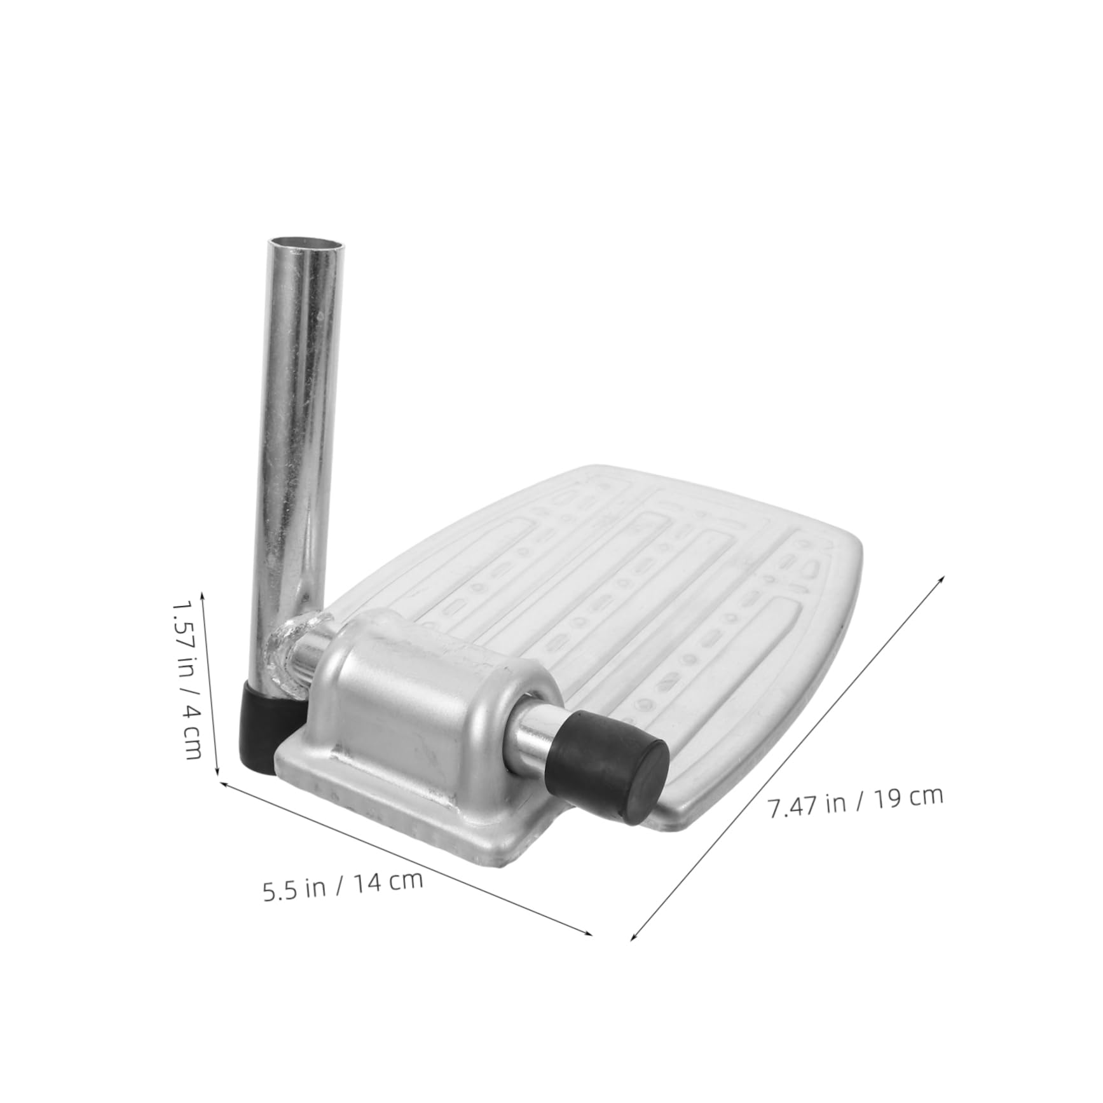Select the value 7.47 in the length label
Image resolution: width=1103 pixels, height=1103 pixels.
[791, 807]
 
